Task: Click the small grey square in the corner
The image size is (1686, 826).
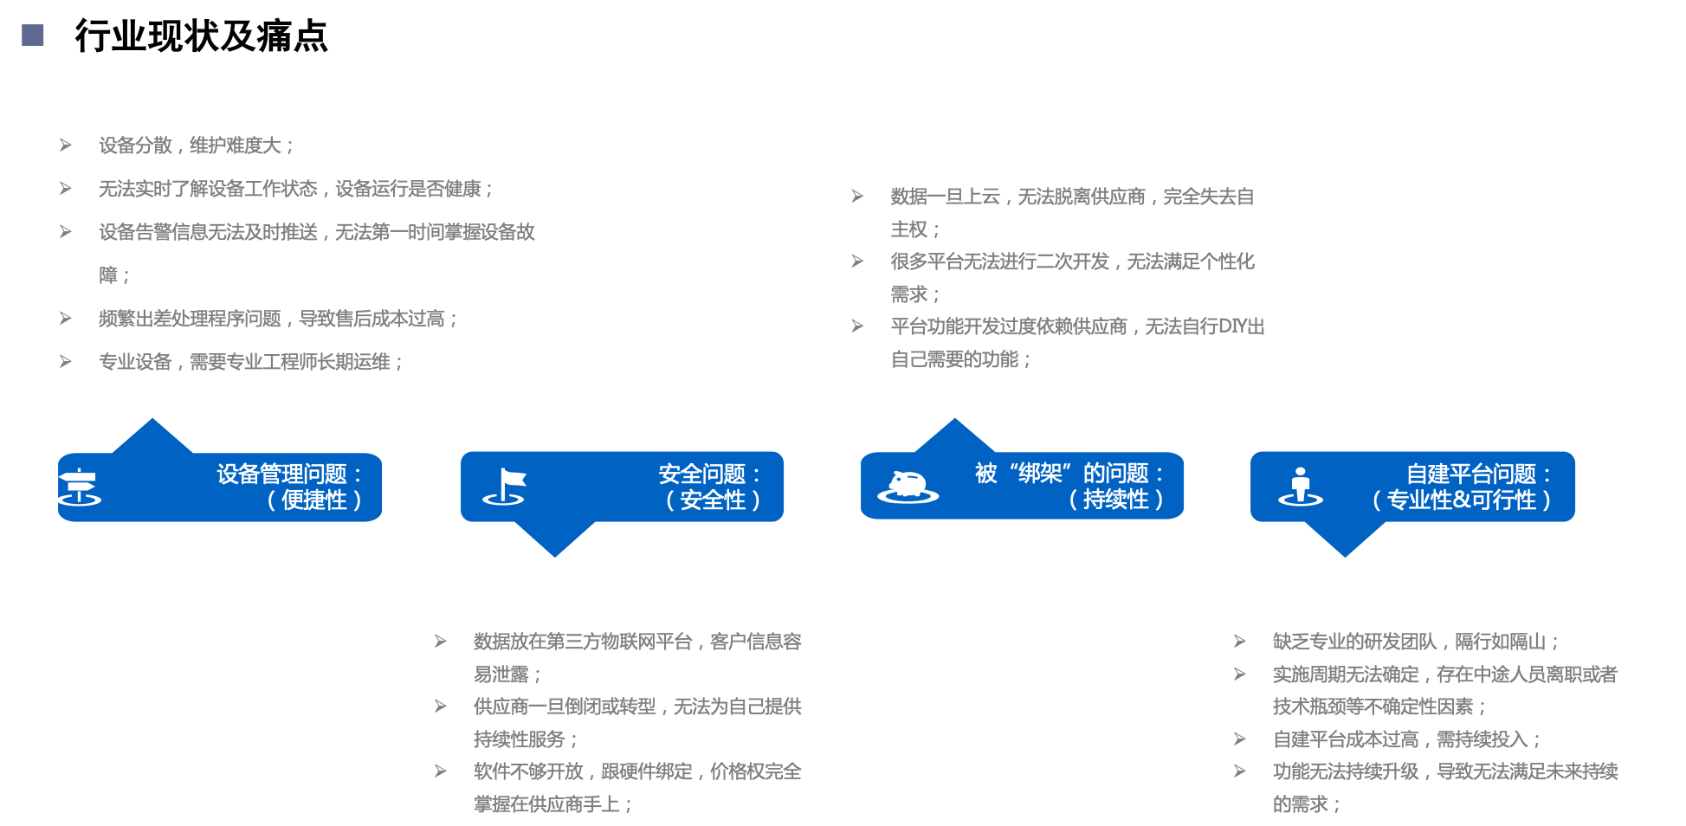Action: click(33, 35)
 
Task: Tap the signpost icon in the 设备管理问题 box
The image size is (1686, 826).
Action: click(79, 487)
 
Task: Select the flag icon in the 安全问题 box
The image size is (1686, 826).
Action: click(506, 487)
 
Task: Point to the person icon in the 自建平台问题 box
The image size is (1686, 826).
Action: click(1300, 487)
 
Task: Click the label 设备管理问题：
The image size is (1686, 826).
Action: click(289, 474)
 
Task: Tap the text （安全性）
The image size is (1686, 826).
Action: click(712, 500)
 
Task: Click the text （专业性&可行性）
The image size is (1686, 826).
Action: click(1461, 500)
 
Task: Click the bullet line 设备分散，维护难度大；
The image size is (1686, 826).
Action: click(197, 145)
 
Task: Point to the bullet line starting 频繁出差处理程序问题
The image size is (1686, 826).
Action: click(278, 319)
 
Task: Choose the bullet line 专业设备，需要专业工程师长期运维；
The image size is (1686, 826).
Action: click(251, 362)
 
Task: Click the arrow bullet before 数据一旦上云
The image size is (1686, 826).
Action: click(857, 197)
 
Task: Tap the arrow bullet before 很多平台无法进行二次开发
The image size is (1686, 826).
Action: click(857, 261)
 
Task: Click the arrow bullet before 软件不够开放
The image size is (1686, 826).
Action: click(441, 771)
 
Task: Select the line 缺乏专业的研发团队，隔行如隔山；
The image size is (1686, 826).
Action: click(1416, 642)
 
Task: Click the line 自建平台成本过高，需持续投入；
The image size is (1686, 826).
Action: click(1407, 739)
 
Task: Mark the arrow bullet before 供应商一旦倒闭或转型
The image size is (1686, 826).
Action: click(441, 707)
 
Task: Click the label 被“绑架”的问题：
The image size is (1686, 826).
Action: click(1070, 474)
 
